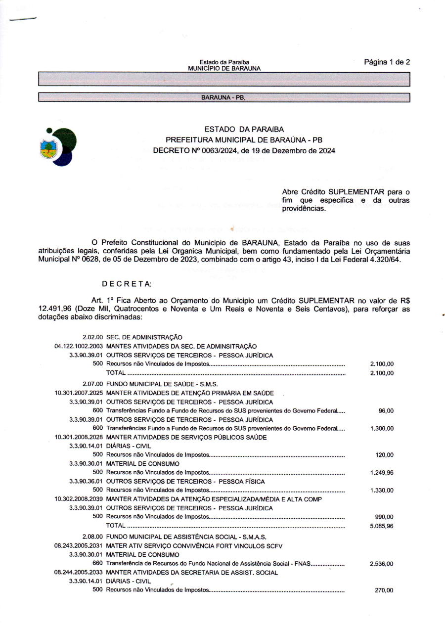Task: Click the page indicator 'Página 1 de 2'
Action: click(x=387, y=62)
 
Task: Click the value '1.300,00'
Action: click(x=382, y=429)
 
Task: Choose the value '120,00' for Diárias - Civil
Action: click(x=385, y=455)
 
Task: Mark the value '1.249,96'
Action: click(x=382, y=473)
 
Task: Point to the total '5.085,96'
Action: click(x=382, y=526)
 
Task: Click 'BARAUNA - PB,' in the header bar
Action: click(x=223, y=97)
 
